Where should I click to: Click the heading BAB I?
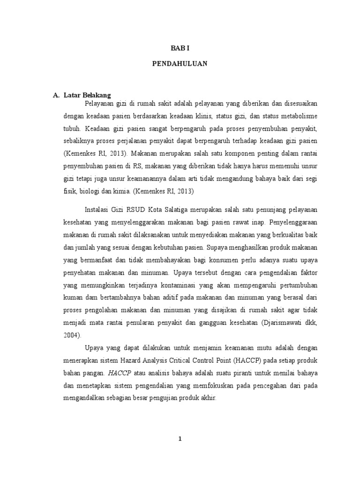click(180, 48)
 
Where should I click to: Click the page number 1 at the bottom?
click(180, 439)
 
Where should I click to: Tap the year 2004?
click(71, 335)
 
